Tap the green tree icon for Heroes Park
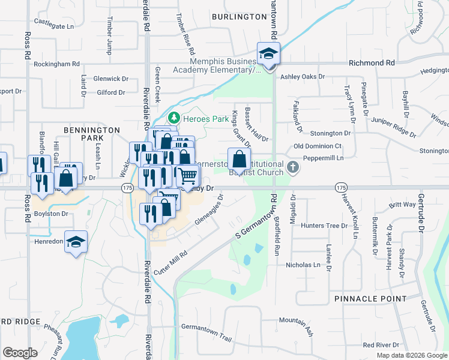tap(174, 118)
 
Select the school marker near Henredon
tap(76, 242)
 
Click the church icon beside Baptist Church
tap(292, 167)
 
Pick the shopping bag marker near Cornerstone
tap(239, 160)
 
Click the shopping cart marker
tap(188, 175)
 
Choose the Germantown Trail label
tap(206, 333)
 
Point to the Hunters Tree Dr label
tap(324, 226)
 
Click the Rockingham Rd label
tap(56, 64)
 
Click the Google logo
tap(20, 353)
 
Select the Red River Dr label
tap(381, 345)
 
